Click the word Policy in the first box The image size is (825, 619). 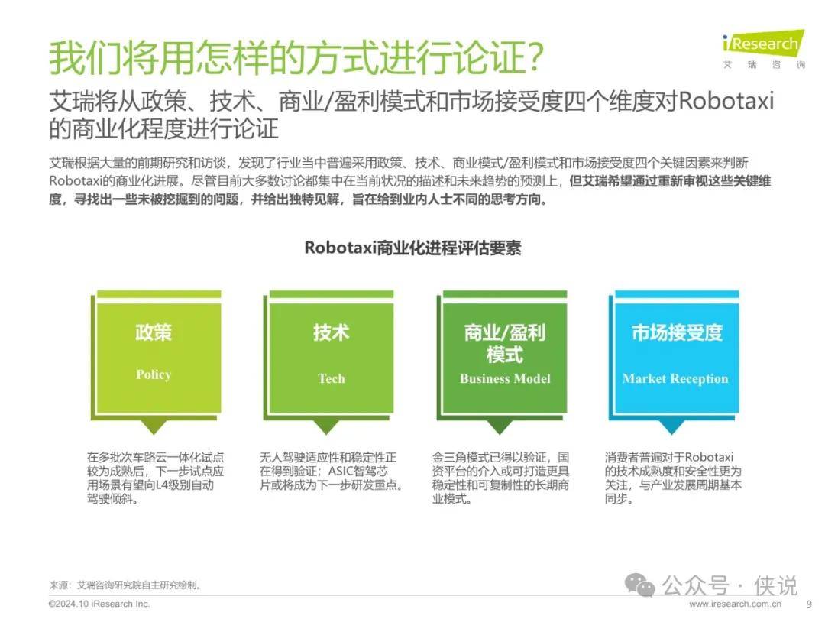(x=154, y=374)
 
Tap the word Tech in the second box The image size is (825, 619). (x=332, y=378)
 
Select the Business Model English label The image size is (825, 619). (x=505, y=378)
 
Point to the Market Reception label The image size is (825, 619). (x=675, y=378)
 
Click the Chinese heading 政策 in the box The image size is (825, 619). (x=154, y=332)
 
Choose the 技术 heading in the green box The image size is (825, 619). (x=332, y=332)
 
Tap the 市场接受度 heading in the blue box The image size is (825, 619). (x=677, y=332)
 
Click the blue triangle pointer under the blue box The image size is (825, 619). (x=672, y=427)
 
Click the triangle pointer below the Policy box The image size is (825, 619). (x=154, y=427)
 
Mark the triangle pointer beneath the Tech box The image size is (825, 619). (x=327, y=427)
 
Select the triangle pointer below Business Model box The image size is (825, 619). (x=500, y=427)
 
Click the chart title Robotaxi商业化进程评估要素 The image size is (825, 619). (x=412, y=248)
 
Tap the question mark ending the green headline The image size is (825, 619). (x=535, y=57)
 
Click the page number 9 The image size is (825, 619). (x=809, y=604)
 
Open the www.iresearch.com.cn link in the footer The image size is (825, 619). (x=735, y=604)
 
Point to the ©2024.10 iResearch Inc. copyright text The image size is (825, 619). (x=99, y=604)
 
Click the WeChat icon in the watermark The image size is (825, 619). (x=640, y=585)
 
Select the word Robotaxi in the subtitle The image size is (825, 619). (x=726, y=100)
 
